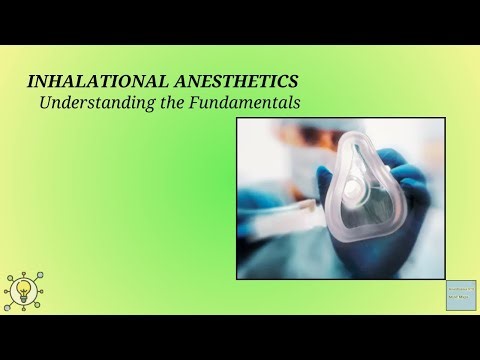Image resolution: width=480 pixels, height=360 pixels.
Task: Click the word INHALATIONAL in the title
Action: point(89,81)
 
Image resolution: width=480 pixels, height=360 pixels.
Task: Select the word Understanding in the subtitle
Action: point(87,102)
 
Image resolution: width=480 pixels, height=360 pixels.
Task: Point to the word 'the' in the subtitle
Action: point(166,102)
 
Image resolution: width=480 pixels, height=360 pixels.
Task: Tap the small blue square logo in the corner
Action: point(460,296)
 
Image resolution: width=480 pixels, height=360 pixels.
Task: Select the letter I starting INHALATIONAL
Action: point(29,81)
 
